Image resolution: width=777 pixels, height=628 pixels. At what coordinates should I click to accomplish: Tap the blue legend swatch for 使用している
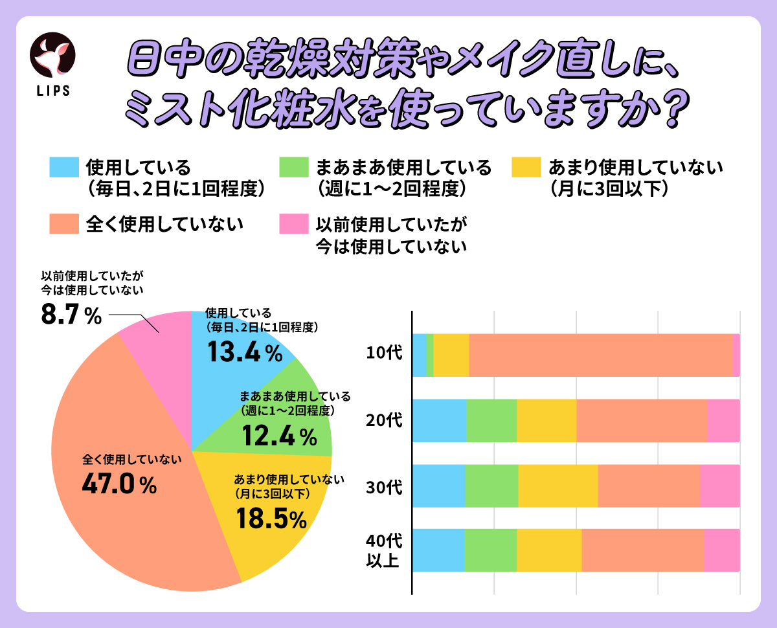[63, 167]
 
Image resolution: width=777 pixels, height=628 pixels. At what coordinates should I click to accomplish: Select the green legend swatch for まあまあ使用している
[293, 167]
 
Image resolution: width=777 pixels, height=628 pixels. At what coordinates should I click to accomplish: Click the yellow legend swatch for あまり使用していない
[526, 167]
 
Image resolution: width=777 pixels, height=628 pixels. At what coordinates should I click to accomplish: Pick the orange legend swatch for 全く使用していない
[63, 223]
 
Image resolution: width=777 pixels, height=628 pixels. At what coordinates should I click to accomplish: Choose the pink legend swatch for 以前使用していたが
[293, 223]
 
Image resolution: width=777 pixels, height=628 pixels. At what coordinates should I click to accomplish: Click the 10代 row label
[384, 353]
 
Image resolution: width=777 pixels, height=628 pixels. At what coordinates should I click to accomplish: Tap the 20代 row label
[384, 420]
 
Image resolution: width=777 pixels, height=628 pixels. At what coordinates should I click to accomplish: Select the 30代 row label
[384, 486]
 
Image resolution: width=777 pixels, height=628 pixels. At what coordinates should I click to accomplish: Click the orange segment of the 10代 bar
[600, 355]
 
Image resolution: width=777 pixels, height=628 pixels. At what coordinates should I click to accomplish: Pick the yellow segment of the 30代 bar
[557, 486]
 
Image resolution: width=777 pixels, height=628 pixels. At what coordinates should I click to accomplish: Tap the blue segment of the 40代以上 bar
[438, 550]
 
